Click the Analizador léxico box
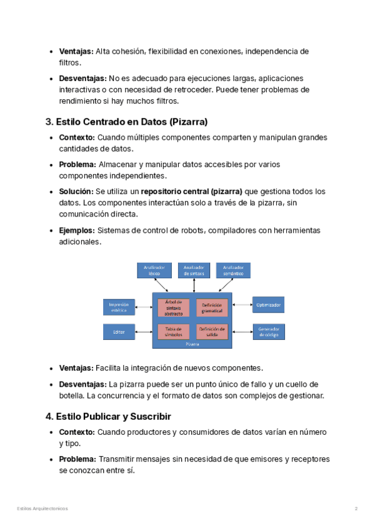[x=154, y=270]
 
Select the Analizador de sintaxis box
[x=194, y=270]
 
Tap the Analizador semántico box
[x=233, y=270]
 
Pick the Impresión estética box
[x=119, y=307]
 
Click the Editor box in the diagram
[x=119, y=332]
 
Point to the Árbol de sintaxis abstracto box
[x=174, y=308]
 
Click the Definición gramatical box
[x=212, y=308]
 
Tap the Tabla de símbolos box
[x=174, y=331]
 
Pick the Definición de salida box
[x=212, y=331]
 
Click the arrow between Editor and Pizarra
[x=143, y=332]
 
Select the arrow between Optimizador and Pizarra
[x=242, y=306]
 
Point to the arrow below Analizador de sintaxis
[x=194, y=285]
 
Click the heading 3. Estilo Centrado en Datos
[x=126, y=121]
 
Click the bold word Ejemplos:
[x=77, y=231]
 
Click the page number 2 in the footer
[x=356, y=509]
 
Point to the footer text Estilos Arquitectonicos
[x=42, y=509]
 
